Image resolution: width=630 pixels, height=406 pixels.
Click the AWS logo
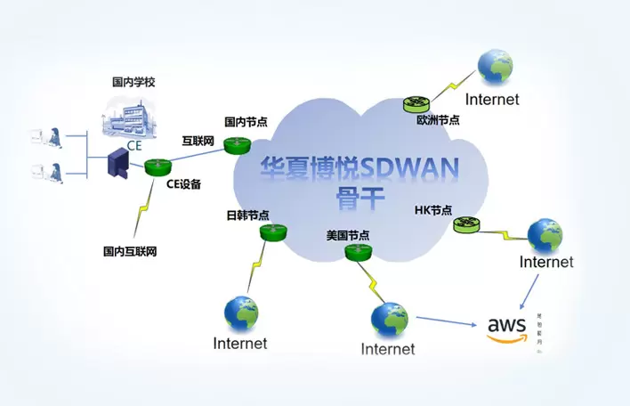pos(507,328)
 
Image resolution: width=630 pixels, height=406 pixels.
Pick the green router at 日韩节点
pos(271,232)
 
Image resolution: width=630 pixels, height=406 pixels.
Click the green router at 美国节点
pos(358,254)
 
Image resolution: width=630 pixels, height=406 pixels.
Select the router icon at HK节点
pos(465,225)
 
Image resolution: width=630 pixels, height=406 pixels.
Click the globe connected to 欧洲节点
pos(494,68)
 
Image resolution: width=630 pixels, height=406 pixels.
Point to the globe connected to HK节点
pos(545,234)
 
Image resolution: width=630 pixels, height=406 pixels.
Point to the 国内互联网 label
pos(130,252)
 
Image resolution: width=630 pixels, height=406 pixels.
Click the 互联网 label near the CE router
pos(198,141)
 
